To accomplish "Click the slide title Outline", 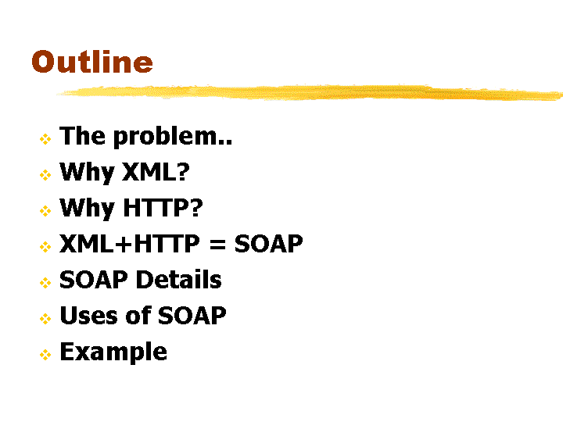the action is (92, 62).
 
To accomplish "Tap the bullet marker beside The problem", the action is (45, 139).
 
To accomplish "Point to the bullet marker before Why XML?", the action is (45, 175).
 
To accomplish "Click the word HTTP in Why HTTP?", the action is (163, 207).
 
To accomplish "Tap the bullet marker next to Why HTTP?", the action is (45, 211).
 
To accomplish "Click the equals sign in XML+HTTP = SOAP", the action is (217, 245).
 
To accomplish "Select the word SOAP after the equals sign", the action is (268, 244).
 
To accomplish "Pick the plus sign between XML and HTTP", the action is (124, 244).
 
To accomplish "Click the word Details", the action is (178, 280).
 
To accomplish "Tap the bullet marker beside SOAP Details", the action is (45, 283).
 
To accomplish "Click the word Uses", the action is (88, 316).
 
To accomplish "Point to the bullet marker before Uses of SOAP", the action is (45, 319).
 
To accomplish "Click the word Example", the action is (113, 352).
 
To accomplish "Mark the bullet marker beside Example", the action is (45, 355).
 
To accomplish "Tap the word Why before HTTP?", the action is (88, 208).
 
